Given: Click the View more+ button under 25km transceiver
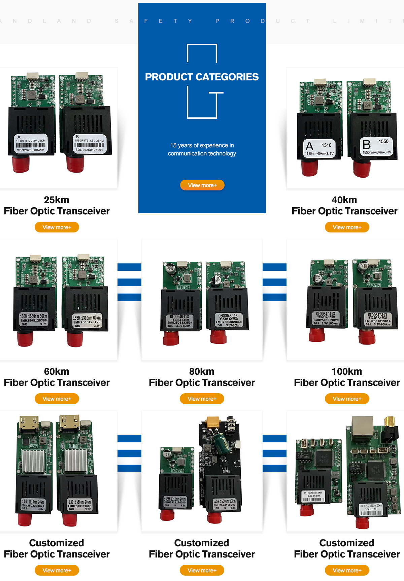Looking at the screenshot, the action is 57,227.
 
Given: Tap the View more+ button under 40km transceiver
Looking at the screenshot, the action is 347,227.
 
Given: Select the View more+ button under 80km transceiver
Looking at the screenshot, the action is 202,399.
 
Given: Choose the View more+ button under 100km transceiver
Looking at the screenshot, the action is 347,399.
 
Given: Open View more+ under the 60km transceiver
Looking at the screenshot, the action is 57,399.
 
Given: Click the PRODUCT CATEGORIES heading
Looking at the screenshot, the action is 202,77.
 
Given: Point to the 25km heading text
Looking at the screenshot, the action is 57,200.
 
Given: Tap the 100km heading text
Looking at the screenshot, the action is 347,371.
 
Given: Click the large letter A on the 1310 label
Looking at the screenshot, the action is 309,146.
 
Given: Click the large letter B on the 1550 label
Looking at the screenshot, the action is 366,144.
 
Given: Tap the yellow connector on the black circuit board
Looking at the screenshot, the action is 213,423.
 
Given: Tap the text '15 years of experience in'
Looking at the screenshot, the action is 202,145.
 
